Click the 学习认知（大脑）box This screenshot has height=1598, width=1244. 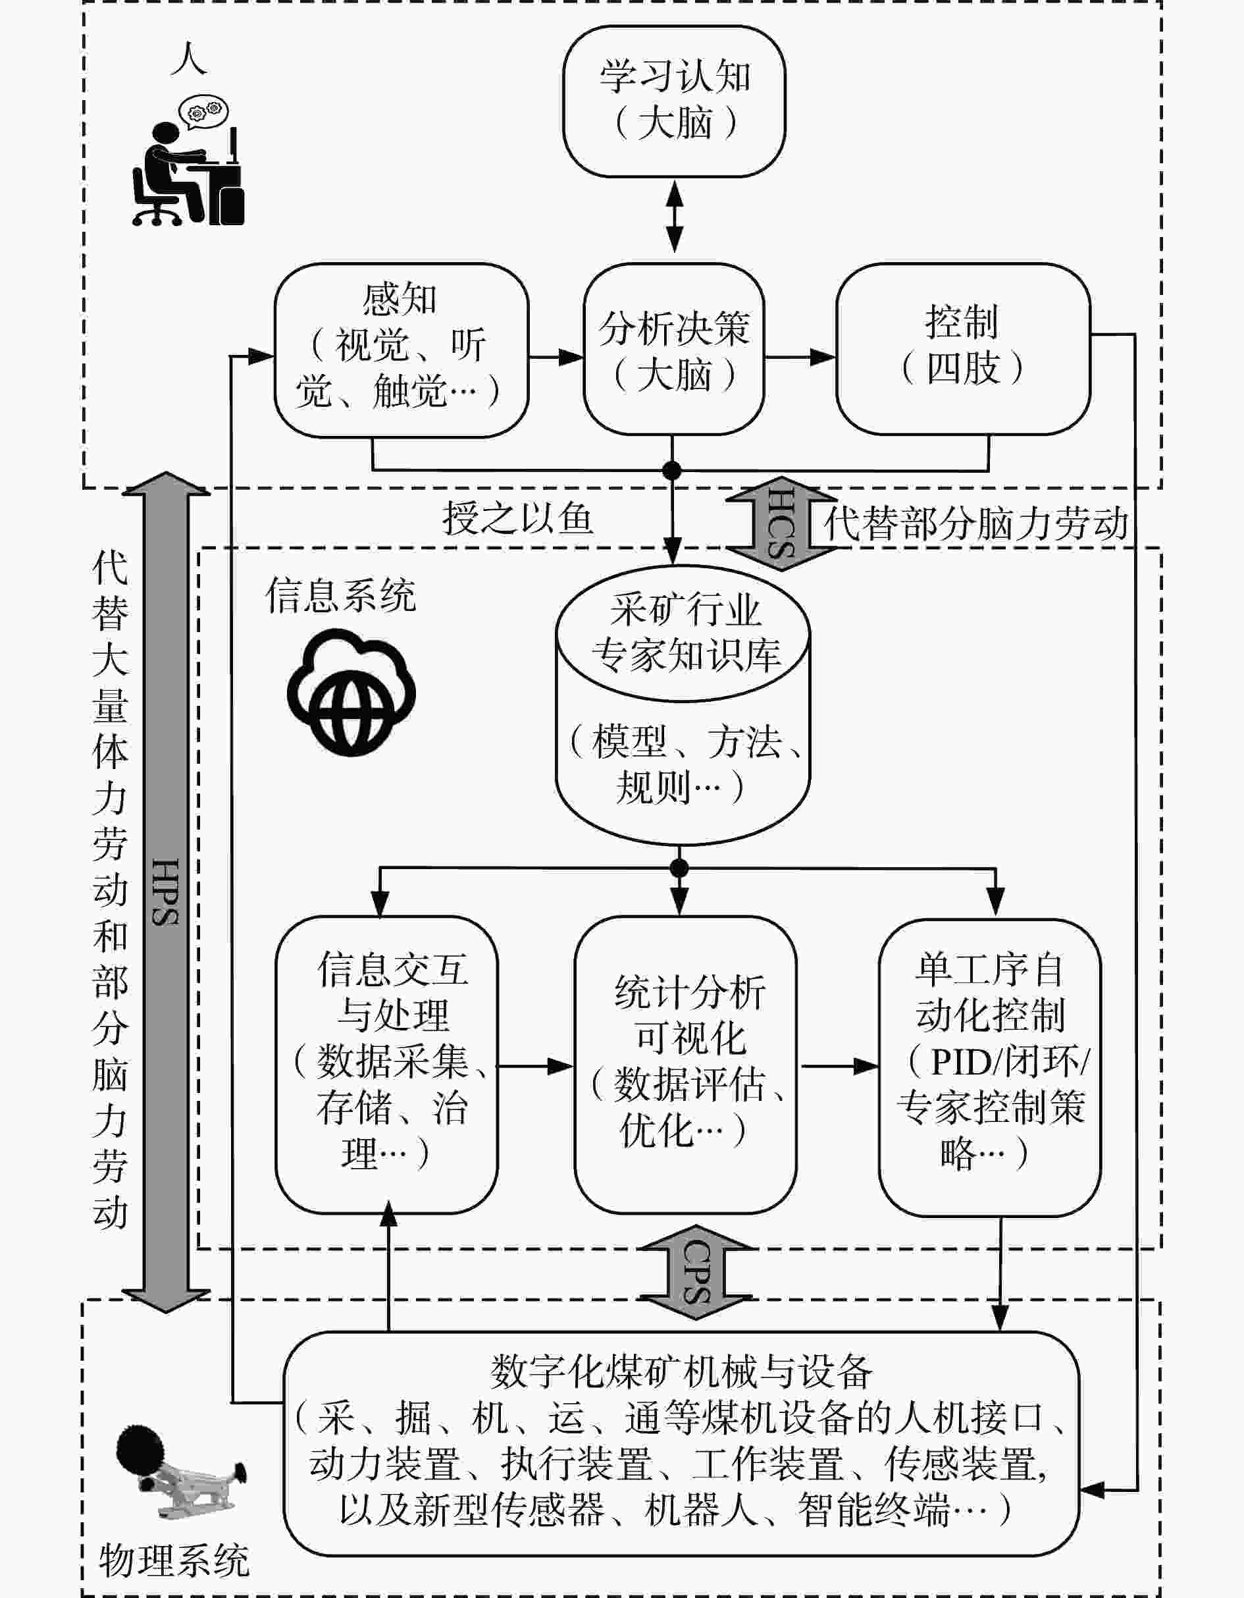(x=673, y=101)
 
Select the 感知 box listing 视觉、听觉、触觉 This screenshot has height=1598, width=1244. (x=401, y=350)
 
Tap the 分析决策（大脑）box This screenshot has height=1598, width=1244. (x=673, y=350)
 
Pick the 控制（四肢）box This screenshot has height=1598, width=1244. (x=962, y=348)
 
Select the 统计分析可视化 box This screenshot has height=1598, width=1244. (x=685, y=1065)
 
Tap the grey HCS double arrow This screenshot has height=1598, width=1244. (x=781, y=521)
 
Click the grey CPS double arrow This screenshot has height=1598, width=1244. (x=696, y=1271)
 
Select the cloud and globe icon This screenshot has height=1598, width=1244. (x=351, y=692)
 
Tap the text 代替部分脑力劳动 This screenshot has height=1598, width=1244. (x=975, y=524)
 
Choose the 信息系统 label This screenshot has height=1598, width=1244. (x=341, y=595)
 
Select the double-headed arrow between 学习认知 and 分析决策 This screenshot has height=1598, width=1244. (x=673, y=218)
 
